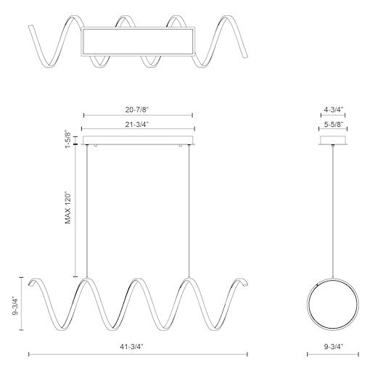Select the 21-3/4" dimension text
click(x=138, y=126)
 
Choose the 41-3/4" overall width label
click(x=138, y=347)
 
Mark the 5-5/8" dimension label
click(x=333, y=126)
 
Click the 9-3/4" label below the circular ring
click(x=333, y=347)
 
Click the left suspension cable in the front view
click(x=87, y=210)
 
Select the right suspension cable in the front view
click(x=190, y=210)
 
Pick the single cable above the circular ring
click(x=333, y=210)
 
